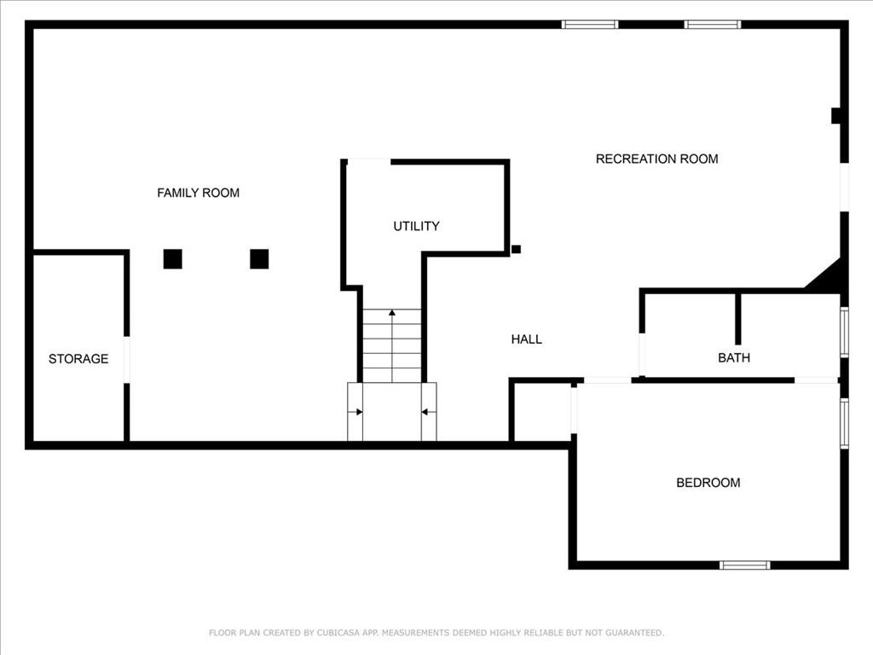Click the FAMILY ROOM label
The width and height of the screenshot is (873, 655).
pyautogui.click(x=198, y=193)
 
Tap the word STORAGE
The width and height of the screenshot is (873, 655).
pyautogui.click(x=78, y=359)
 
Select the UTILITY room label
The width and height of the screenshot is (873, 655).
pyautogui.click(x=416, y=226)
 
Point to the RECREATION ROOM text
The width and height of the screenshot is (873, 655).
pyautogui.click(x=656, y=159)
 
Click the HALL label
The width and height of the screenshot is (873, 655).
pyautogui.click(x=526, y=339)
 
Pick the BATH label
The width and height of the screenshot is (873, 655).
pyautogui.click(x=734, y=358)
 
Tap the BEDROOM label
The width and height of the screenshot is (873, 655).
pyautogui.click(x=708, y=483)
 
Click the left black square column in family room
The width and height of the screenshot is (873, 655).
pyautogui.click(x=173, y=258)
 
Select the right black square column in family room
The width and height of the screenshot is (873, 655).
pyautogui.click(x=259, y=258)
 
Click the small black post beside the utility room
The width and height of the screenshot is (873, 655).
pyautogui.click(x=516, y=249)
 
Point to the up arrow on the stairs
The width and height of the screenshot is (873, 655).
pyautogui.click(x=392, y=314)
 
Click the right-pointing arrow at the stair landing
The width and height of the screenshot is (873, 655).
pyautogui.click(x=359, y=412)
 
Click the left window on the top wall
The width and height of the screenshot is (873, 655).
pyautogui.click(x=590, y=25)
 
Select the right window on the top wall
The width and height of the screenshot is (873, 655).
pyautogui.click(x=713, y=25)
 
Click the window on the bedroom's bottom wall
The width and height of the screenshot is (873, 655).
pyautogui.click(x=744, y=565)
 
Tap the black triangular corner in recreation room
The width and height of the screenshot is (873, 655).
pyautogui.click(x=829, y=278)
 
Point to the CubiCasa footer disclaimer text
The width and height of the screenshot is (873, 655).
pyautogui.click(x=436, y=633)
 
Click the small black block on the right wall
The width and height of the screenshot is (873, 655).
pyautogui.click(x=836, y=115)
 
